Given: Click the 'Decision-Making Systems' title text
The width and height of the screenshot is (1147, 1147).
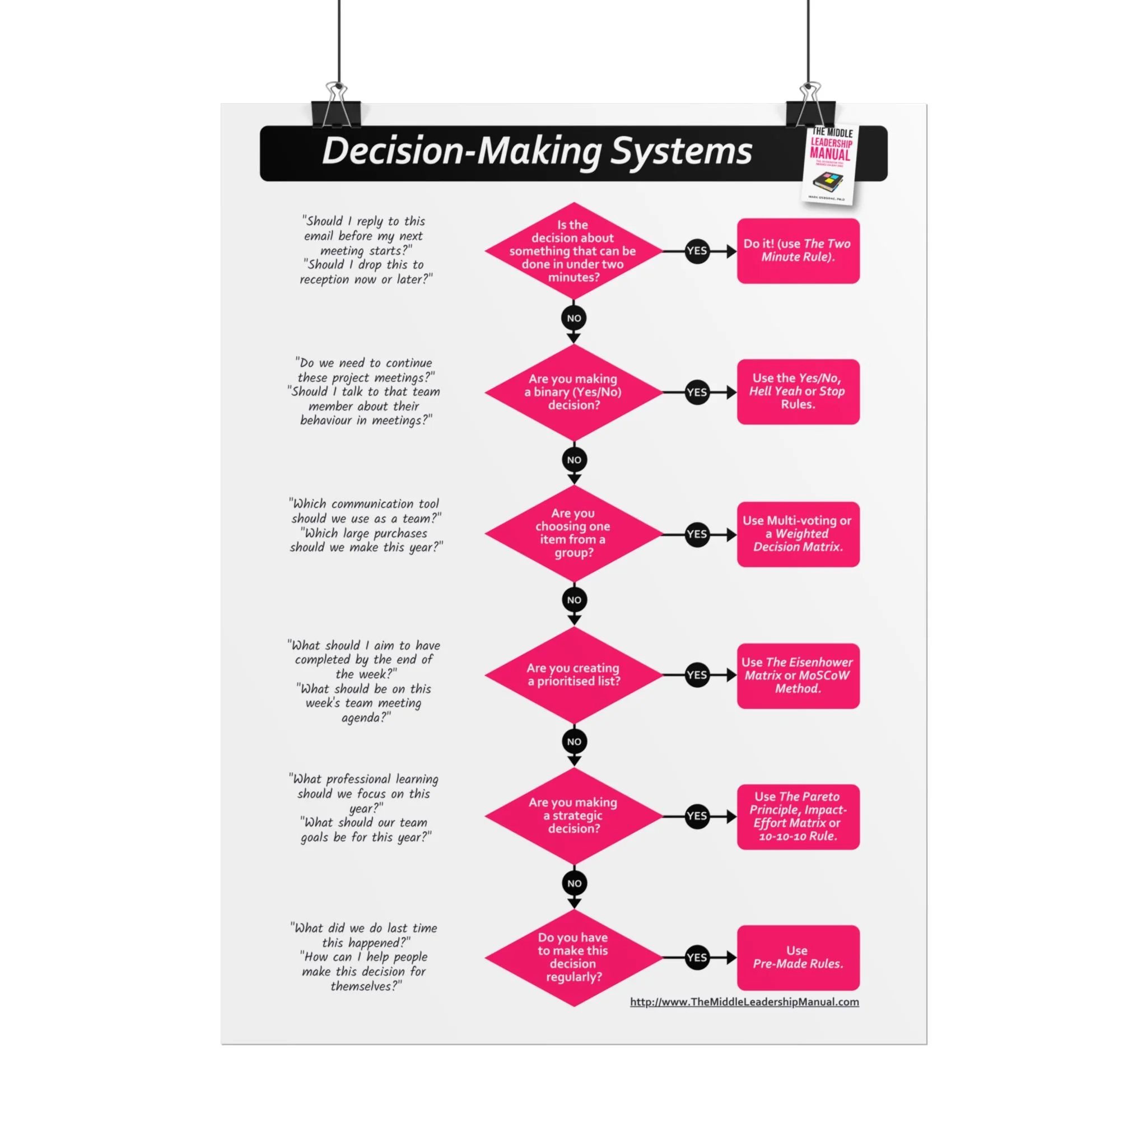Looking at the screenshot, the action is pos(537,151).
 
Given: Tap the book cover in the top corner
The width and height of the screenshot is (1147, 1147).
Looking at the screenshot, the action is pos(830,165).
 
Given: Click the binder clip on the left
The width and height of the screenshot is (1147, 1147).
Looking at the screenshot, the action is pos(336,108).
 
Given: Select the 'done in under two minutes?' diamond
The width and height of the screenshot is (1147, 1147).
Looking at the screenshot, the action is pos(573,250).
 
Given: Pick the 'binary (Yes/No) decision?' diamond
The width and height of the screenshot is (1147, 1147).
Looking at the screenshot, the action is pos(573,392).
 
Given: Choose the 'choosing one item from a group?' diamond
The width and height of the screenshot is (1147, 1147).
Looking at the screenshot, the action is pos(573,533).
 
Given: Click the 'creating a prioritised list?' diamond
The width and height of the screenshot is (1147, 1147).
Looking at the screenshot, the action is pos(573,674).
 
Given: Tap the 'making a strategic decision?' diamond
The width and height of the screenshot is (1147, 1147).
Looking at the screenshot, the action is pos(573,815).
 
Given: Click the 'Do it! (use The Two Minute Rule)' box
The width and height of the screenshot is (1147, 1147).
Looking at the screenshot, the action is pos(798,250).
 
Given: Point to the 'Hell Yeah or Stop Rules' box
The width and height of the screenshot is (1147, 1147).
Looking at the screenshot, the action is pos(798,391).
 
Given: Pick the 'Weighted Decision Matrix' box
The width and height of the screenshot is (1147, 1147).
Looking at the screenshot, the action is pos(798,534).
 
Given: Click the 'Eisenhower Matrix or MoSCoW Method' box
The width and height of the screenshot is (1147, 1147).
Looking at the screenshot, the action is pos(798,675).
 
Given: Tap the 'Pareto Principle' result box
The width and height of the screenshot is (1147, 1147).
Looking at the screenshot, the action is pos(798,817).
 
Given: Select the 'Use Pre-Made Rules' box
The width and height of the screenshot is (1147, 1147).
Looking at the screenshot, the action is pos(798,957).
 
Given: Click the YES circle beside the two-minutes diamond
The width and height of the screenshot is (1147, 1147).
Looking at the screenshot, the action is pos(697,250).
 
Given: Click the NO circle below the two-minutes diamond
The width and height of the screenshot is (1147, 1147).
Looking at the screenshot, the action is pos(573,318).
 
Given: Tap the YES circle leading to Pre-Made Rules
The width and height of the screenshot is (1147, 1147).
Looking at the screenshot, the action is pos(697,957).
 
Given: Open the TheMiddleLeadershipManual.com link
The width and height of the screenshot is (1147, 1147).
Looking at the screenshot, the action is pos(744,1002).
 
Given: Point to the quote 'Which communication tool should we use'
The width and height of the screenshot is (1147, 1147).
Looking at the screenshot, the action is pos(365,511).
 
